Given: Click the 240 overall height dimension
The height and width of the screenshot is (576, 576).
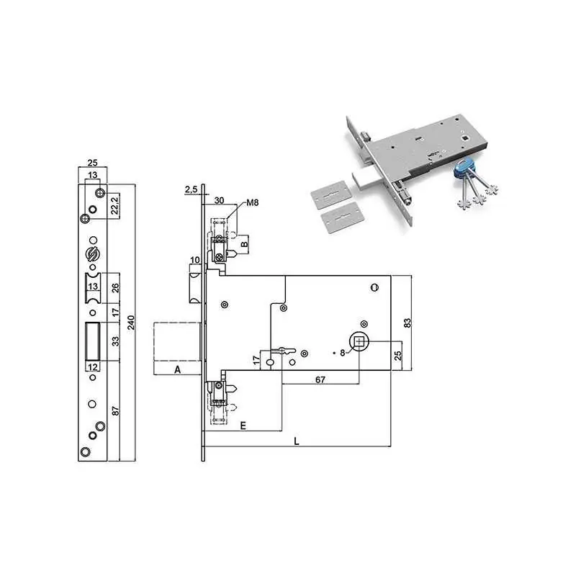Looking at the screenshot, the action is pos(131,322).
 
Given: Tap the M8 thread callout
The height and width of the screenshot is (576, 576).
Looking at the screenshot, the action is pos(253,202).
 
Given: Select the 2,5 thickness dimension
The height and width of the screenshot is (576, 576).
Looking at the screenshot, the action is pos(191,189).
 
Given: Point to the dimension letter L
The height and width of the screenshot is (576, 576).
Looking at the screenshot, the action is pos(297,441).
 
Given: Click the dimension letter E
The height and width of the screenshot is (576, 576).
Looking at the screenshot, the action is pos(243,426).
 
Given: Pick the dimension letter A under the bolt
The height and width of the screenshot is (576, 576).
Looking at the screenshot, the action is pos(177,369).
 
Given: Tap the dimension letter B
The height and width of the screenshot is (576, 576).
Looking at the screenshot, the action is pos(244,244).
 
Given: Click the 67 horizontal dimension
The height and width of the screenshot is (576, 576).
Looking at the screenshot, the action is pos(320,379).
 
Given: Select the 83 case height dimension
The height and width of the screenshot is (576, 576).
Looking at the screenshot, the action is pos(407,323).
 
